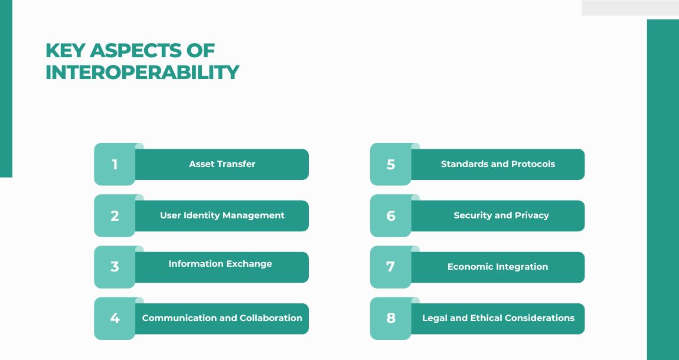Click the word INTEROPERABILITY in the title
point(142,72)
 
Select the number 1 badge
point(115,164)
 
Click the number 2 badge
point(115,215)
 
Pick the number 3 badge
point(115,267)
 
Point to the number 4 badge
point(115,318)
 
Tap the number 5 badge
point(391,164)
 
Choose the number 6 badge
point(391,215)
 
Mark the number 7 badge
point(391,267)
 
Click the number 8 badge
point(391,318)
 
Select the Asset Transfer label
point(222,164)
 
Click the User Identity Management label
point(222,215)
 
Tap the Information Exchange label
point(220,264)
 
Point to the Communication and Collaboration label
point(222,318)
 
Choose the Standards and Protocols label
point(498,164)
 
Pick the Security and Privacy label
point(501,215)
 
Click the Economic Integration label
point(498,267)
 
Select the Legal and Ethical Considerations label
point(498,318)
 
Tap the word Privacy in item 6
point(531,215)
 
